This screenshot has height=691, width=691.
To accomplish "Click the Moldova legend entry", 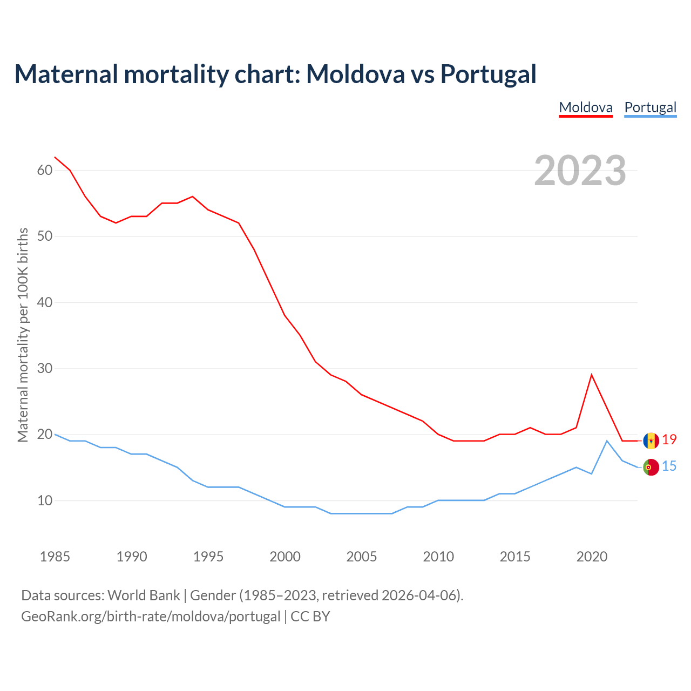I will click(586, 107).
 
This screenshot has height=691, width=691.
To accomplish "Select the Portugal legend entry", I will click(650, 107).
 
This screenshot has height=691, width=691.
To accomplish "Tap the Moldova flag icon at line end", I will click(651, 441).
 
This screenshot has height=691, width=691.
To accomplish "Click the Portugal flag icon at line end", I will click(651, 467).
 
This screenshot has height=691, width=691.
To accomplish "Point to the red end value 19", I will click(669, 440).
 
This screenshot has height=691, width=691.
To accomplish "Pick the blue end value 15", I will click(669, 466).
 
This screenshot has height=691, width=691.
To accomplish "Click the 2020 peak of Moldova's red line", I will click(592, 374).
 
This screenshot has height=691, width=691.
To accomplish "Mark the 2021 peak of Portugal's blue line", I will click(607, 441).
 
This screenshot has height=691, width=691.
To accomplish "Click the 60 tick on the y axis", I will click(45, 171).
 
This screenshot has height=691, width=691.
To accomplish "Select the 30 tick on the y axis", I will click(45, 369).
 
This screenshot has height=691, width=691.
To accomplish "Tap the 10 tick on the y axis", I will click(45, 501).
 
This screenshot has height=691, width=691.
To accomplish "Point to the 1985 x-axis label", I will click(55, 557).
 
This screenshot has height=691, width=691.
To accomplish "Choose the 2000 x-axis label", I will click(285, 557).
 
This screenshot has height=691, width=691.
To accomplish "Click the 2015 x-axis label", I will click(515, 557).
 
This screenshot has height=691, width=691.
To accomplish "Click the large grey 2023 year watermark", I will click(580, 171).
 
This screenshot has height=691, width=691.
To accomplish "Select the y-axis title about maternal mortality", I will click(23, 335).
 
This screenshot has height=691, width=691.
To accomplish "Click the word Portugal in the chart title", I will click(488, 74).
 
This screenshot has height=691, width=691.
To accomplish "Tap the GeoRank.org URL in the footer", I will click(151, 617).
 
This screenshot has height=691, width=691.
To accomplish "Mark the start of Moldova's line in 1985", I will click(55, 157).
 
